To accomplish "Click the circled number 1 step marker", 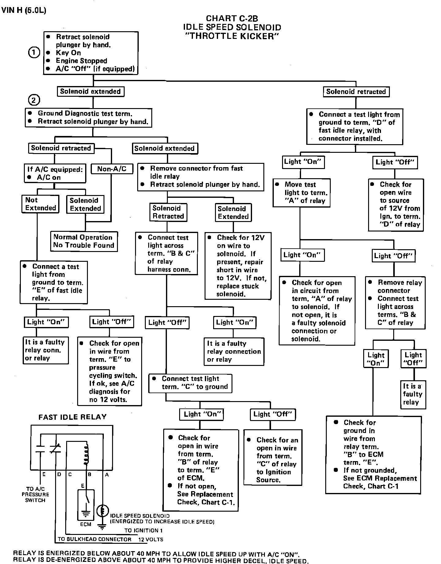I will click(34, 53).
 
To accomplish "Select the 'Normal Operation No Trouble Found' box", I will click(84, 241).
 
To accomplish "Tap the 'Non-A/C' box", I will click(111, 169).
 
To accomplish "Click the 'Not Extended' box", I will click(40, 204).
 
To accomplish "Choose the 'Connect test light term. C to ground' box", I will click(190, 383).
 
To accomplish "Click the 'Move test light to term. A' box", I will click(302, 193).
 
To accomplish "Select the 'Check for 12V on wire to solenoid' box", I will click(238, 266).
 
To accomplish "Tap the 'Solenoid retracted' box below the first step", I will click(356, 92).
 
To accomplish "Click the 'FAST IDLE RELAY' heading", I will click(72, 417).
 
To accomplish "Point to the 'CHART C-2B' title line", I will click(232, 19).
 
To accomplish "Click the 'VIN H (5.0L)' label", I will click(24, 10).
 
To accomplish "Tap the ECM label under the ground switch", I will click(86, 524).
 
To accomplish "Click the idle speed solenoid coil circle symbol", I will click(103, 511).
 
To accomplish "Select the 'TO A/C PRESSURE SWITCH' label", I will click(35, 494).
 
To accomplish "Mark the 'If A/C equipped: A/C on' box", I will click(55, 173).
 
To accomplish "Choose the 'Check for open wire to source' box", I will click(396, 204).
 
